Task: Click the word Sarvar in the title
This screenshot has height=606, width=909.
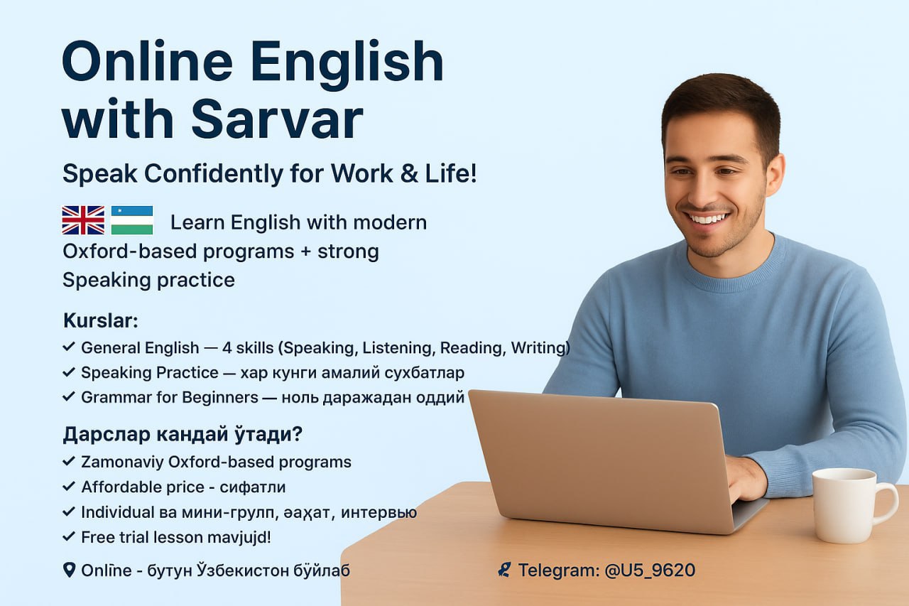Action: coord(277,119)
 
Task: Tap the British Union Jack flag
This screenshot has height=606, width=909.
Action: coord(83,220)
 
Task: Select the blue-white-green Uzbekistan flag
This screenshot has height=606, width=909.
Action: coord(132,220)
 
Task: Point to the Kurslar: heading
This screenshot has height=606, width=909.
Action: coord(101,320)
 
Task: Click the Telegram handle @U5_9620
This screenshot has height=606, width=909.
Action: coord(650,570)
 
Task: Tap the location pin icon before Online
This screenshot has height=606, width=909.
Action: coord(70,570)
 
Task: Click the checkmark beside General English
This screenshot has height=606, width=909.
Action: coord(69,347)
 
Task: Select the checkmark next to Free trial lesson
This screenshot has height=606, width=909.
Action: coord(69,536)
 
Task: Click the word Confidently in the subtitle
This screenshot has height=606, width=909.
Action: coord(214,174)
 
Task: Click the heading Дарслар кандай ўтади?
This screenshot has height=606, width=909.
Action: coord(183,434)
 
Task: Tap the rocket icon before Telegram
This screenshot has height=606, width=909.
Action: coord(504,570)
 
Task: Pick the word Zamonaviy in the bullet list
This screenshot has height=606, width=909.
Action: coord(122,462)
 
